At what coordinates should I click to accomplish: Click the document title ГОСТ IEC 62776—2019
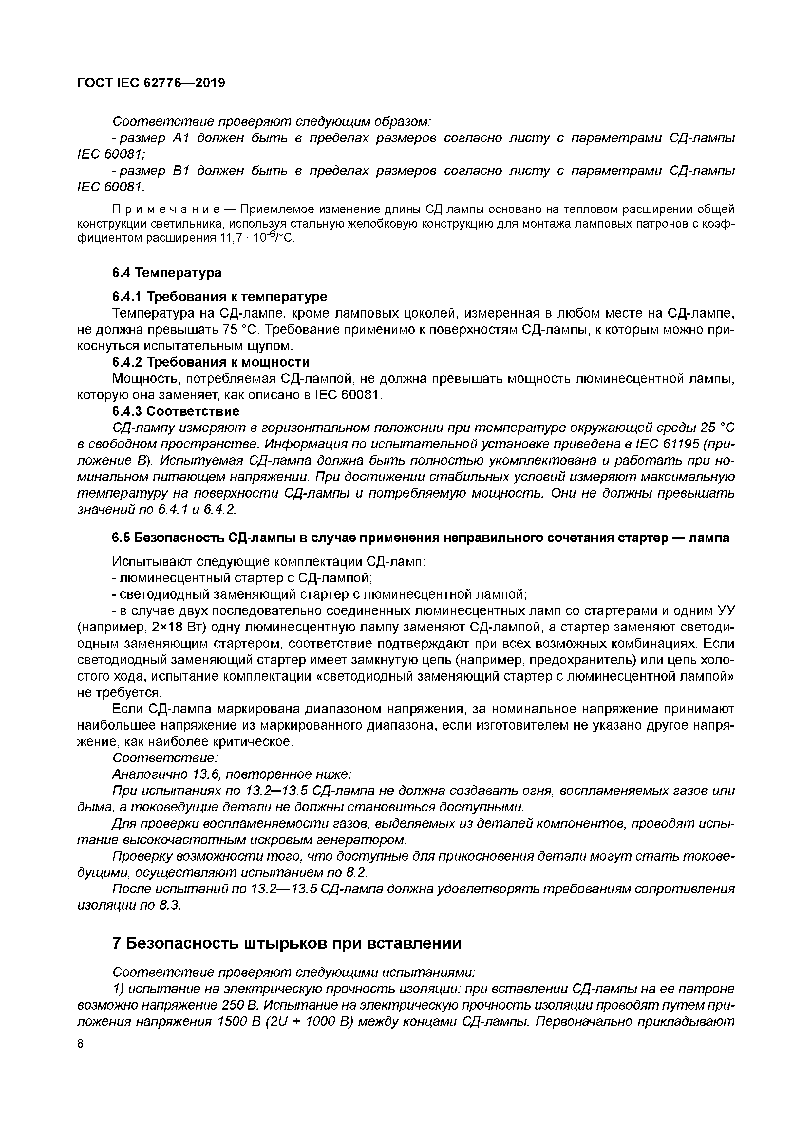[151, 83]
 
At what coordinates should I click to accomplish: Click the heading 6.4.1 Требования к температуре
[220, 297]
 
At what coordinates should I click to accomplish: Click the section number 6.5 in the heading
[121, 538]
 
